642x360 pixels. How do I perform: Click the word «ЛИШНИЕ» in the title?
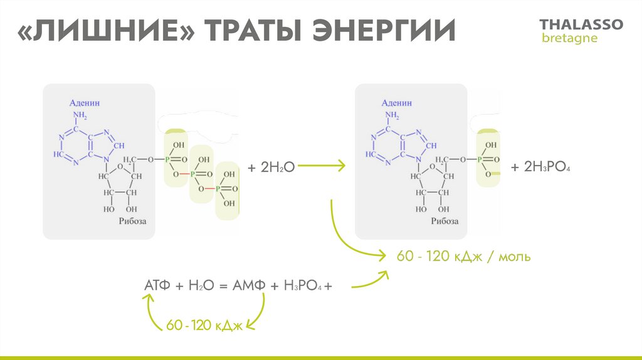tap(104, 31)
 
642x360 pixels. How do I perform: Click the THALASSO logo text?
tap(581, 24)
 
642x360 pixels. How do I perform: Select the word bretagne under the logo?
tap(569, 38)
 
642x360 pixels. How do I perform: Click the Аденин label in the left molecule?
tap(85, 102)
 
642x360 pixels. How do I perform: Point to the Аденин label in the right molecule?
tap(397, 102)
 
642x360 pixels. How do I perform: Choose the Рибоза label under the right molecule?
tap(445, 221)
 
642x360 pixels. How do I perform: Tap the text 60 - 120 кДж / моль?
tap(463, 257)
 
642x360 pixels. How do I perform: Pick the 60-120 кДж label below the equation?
tap(204, 325)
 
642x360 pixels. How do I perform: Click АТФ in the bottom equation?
tap(157, 285)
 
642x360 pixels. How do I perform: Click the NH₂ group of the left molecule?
tap(80, 115)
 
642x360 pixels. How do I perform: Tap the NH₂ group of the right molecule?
tap(392, 115)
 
